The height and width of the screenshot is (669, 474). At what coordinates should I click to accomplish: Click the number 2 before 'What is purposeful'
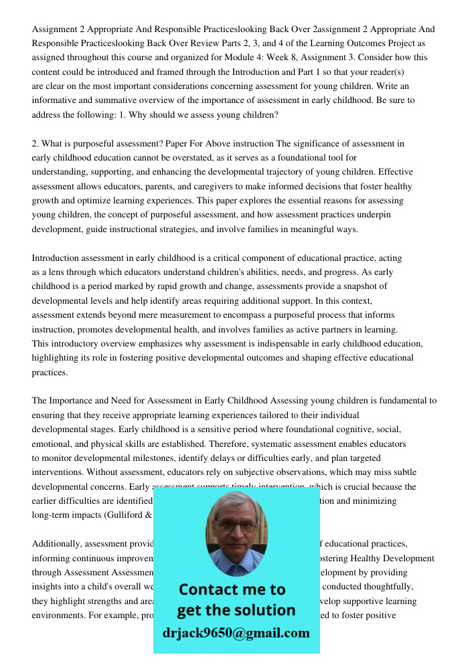pos(35,143)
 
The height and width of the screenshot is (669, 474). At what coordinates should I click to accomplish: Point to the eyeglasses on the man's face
pos(236,525)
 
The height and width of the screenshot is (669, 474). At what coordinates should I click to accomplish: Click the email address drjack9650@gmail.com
pos(236,633)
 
